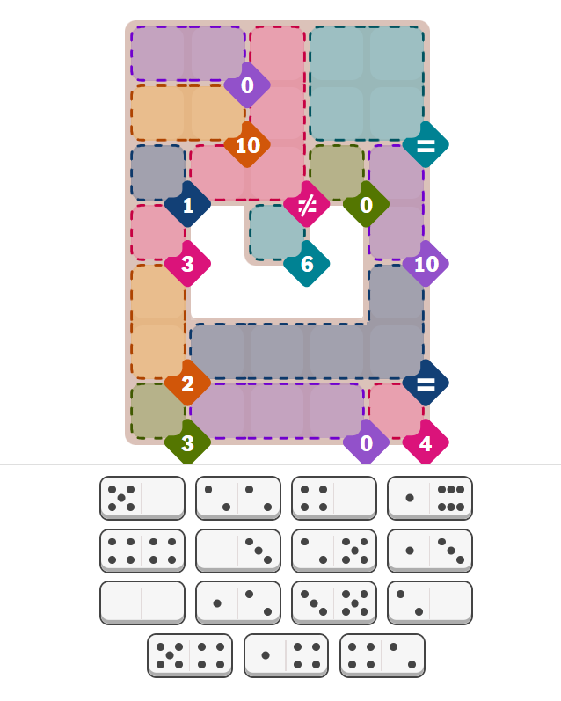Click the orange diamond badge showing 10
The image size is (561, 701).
click(247, 145)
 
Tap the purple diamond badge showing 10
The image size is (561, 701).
click(426, 264)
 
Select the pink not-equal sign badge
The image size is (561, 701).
click(307, 205)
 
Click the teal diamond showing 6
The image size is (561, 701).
click(307, 264)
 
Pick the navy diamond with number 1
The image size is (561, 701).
click(188, 205)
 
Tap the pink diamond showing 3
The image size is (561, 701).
click(188, 264)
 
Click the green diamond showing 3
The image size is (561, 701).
click(188, 442)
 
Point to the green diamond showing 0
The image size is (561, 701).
click(366, 205)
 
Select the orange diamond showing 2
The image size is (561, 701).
click(188, 383)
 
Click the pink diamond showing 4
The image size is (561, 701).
click(426, 442)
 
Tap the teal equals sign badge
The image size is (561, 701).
click(426, 145)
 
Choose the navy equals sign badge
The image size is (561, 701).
click(426, 383)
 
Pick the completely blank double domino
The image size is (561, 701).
click(142, 602)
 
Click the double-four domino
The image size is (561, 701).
click(142, 551)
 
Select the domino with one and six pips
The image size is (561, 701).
click(430, 498)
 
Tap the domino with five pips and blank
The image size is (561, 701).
click(142, 498)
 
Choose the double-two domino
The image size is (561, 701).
click(238, 498)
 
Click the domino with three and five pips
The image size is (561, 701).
click(334, 602)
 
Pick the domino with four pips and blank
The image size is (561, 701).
click(334, 498)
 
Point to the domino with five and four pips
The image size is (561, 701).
click(190, 655)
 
